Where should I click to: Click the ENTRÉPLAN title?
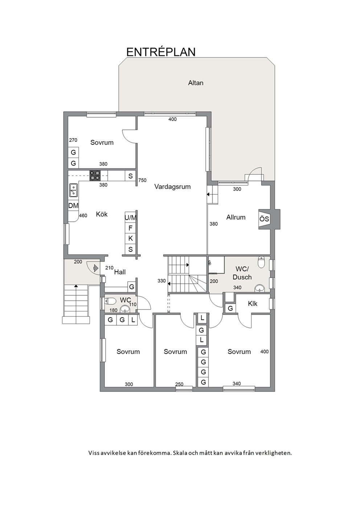[x=161, y=52]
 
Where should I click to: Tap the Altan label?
[x=196, y=83]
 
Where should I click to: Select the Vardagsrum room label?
[x=172, y=187]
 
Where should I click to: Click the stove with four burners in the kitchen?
[x=95, y=176]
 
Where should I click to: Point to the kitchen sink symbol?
[x=73, y=190]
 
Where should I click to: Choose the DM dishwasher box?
[x=73, y=206]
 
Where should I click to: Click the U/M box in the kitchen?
[x=130, y=218]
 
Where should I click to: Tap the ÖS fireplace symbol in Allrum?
[x=264, y=219]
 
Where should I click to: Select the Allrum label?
[x=236, y=217]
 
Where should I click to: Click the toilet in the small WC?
[x=110, y=301]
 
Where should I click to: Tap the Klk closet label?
[x=253, y=304]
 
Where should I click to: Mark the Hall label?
[x=120, y=272]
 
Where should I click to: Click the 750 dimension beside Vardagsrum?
[x=142, y=180]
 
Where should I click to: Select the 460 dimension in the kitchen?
[x=83, y=215]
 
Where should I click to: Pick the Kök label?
[x=102, y=214]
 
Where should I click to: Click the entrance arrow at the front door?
[x=96, y=268]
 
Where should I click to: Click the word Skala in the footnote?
[x=180, y=453]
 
